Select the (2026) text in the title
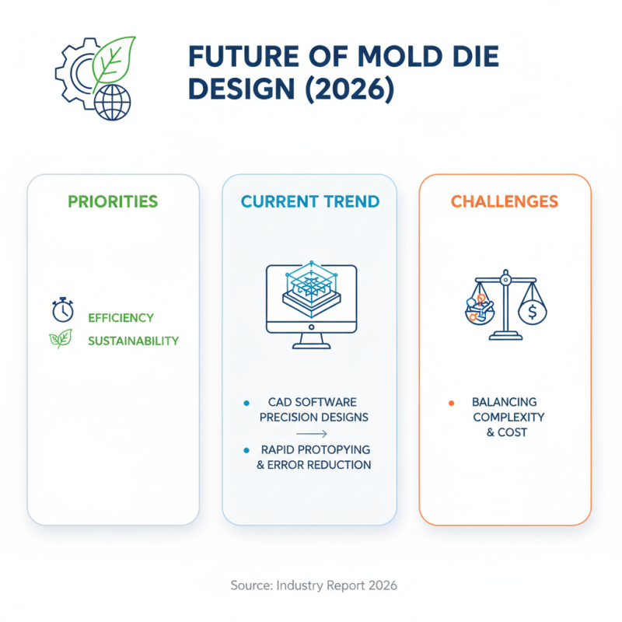[x=344, y=90]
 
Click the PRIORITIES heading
[x=113, y=202]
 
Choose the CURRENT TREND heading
[x=310, y=202]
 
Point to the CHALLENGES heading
[x=505, y=202]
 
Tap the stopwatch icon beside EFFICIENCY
[x=62, y=309]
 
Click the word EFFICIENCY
[x=121, y=318]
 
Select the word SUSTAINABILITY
[x=133, y=341]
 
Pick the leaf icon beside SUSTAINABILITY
[x=61, y=338]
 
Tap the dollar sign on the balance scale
[x=533, y=313]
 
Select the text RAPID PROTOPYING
[x=316, y=450]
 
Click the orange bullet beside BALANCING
[x=451, y=403]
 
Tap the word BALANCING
[x=505, y=402]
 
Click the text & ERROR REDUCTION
[x=314, y=465]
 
